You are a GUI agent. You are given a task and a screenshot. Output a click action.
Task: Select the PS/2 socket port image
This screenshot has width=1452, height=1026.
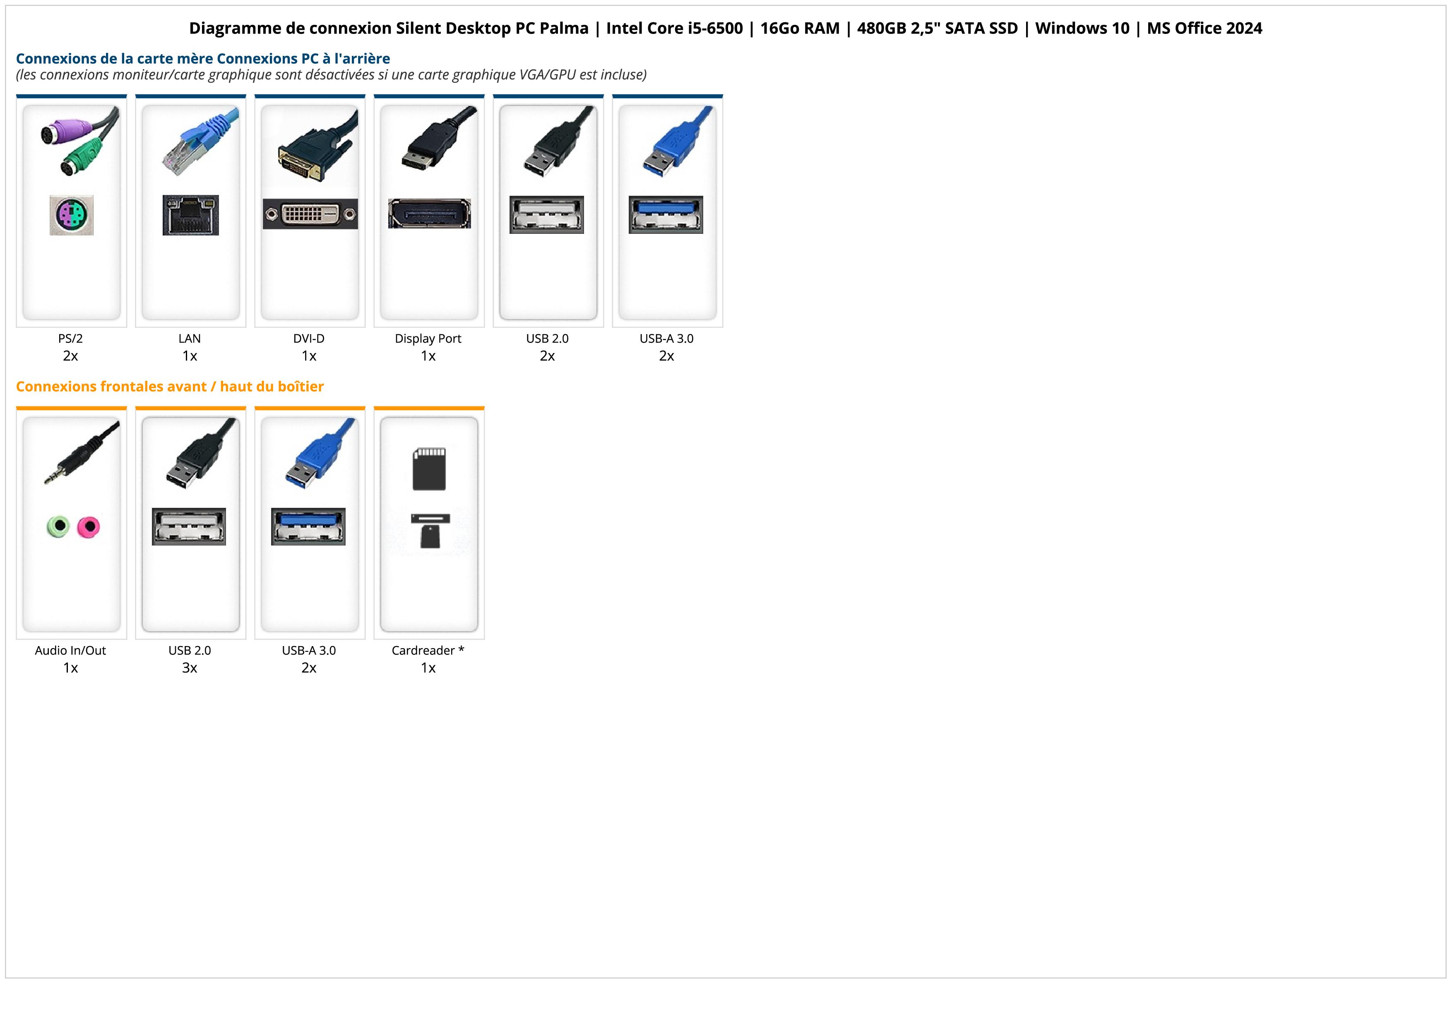point(72,216)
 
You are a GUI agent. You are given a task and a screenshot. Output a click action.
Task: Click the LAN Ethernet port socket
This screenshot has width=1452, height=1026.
point(190,215)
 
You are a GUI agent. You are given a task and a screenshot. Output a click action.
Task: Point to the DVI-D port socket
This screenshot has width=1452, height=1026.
point(310,214)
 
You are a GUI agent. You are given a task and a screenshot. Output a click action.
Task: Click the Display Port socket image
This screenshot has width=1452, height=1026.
point(429,213)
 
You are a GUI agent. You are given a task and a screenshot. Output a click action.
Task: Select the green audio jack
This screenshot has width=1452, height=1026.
point(58,526)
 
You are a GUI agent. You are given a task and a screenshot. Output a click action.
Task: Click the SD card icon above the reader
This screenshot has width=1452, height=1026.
point(429,469)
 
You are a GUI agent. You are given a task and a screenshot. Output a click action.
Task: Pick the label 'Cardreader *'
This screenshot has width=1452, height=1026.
point(428,651)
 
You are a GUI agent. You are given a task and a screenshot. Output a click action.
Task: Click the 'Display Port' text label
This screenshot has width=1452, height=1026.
point(428,339)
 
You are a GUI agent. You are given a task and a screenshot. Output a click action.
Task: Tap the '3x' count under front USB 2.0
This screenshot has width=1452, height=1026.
point(190,668)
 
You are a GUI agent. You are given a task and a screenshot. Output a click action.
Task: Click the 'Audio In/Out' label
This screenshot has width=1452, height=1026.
point(70,651)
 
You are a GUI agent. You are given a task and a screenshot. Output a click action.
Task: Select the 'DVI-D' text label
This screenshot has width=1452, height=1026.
point(309,339)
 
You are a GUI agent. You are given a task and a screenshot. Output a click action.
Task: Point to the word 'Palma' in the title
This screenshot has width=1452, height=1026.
point(563,29)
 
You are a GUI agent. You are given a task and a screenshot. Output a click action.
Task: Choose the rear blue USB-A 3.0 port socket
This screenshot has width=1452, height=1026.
point(666,214)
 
